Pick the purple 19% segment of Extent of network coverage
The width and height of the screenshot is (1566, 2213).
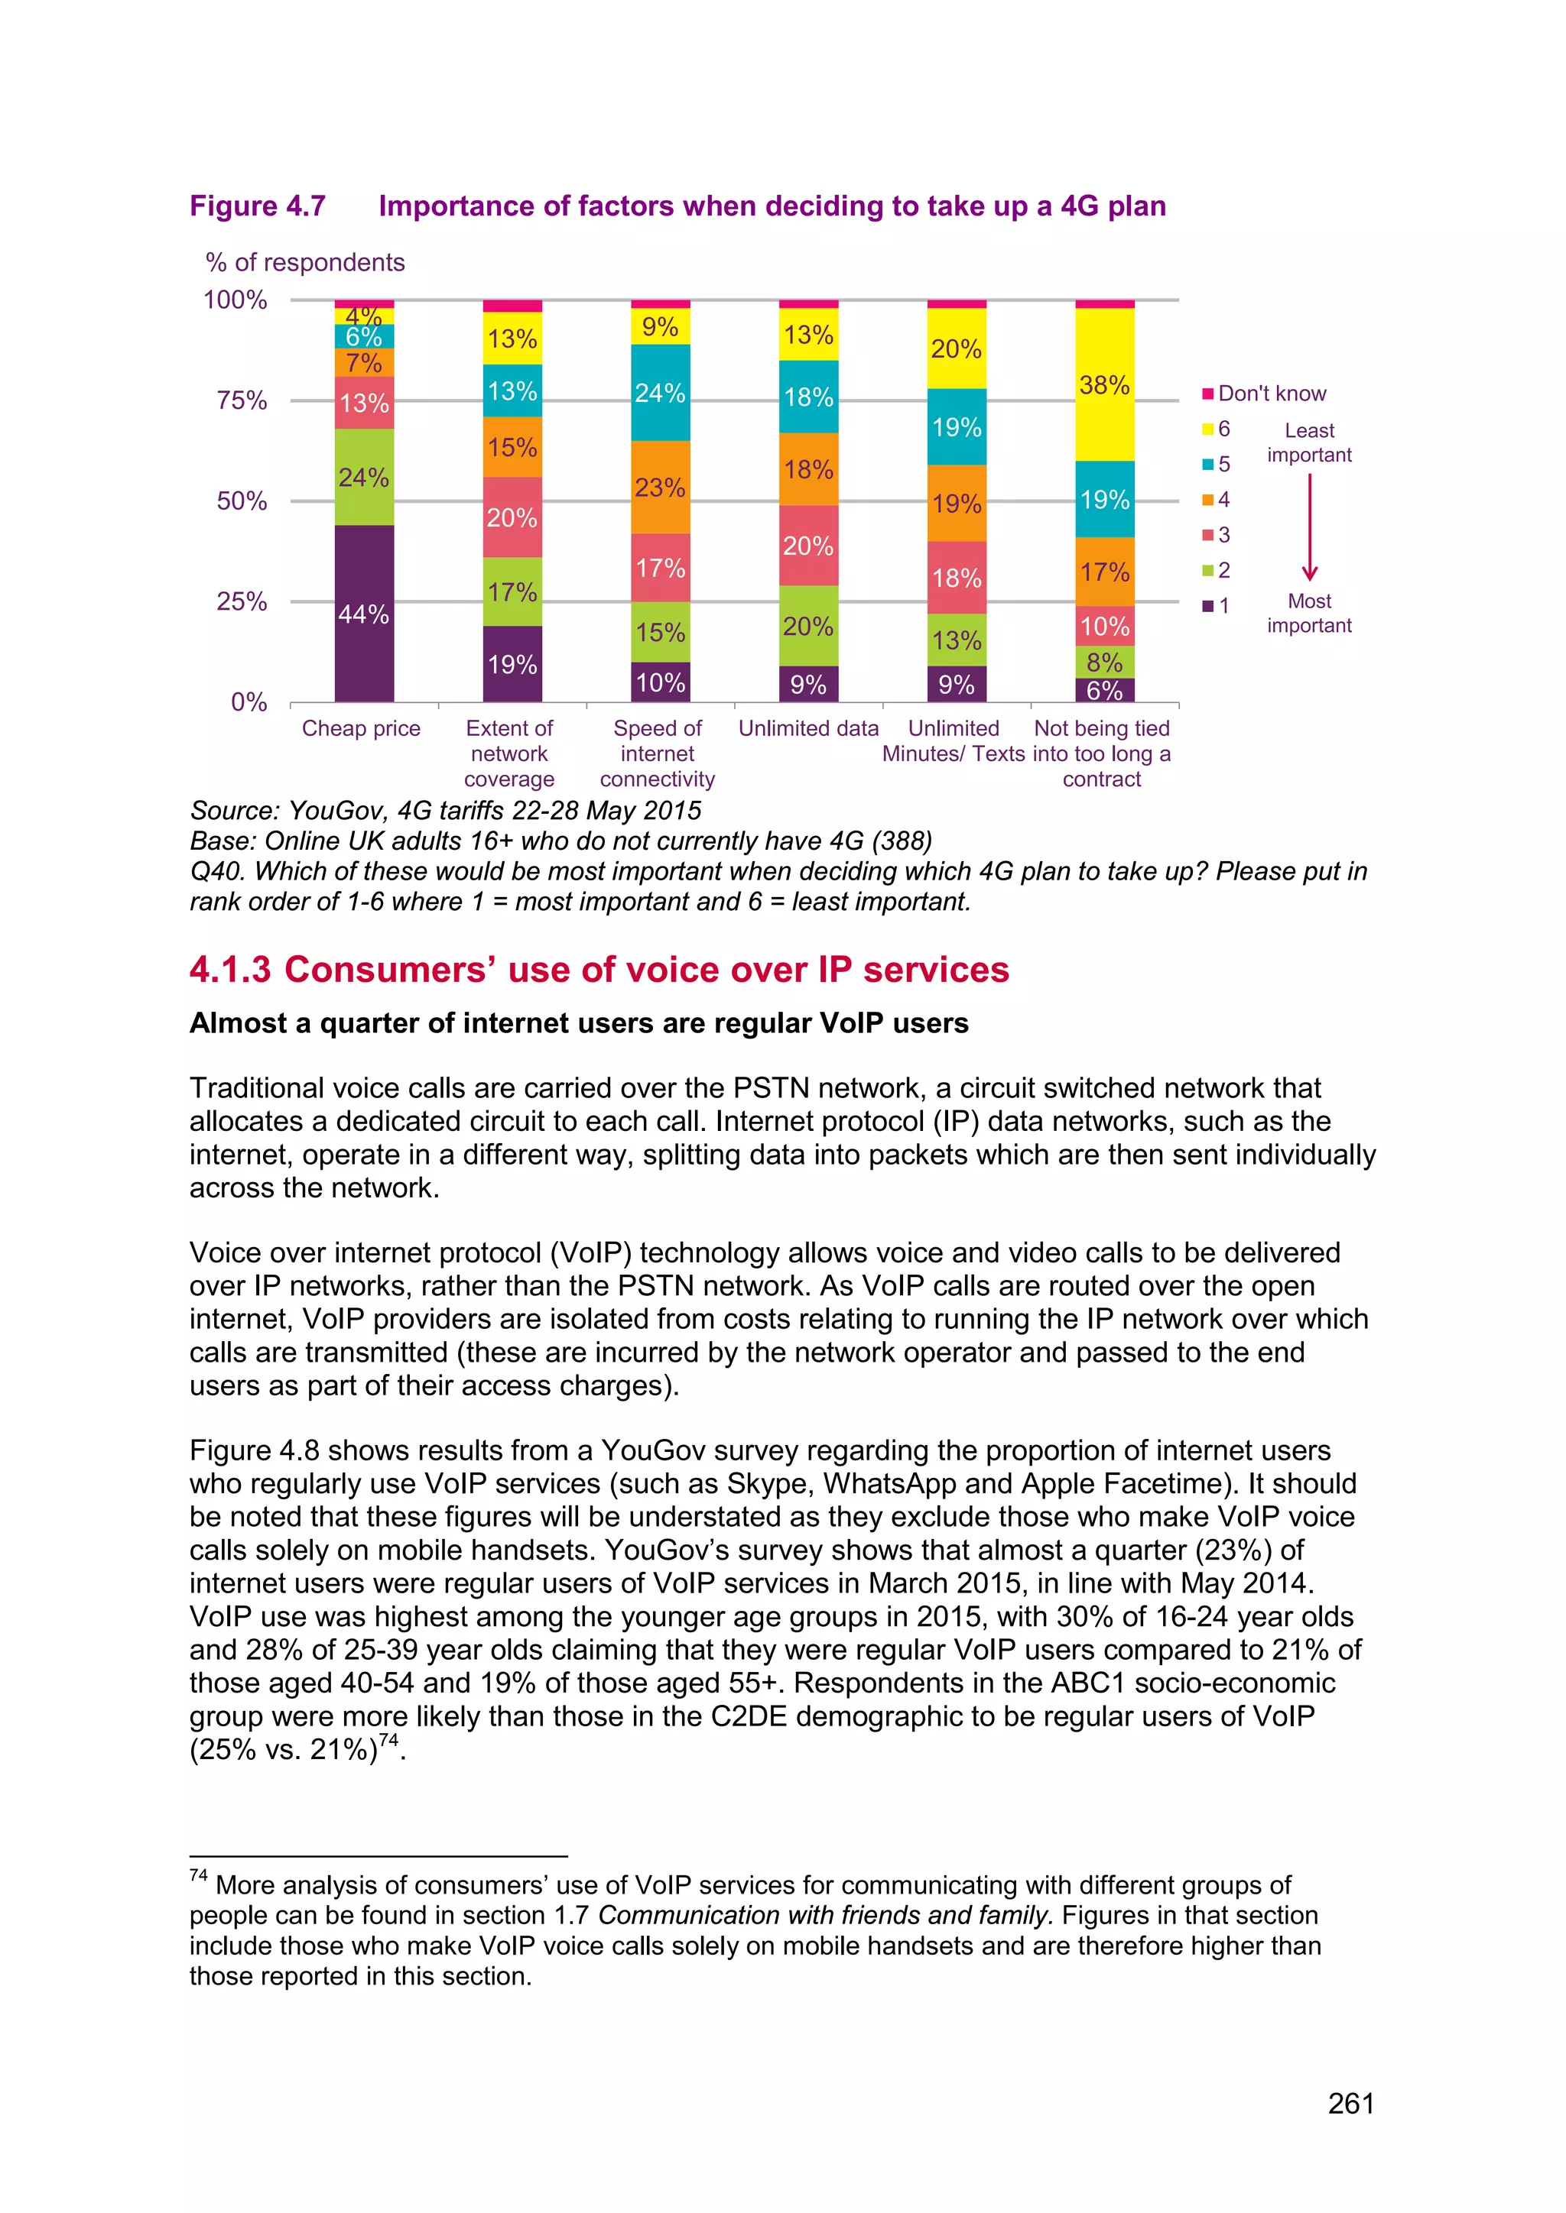[x=512, y=663]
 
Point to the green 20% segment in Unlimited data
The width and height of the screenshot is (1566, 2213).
[x=808, y=626]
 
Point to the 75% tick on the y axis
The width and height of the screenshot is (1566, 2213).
[x=242, y=400]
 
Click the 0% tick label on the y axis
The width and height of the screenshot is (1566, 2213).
[x=249, y=701]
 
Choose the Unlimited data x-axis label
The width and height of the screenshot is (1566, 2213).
[x=808, y=729]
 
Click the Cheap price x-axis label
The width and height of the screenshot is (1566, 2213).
[x=361, y=729]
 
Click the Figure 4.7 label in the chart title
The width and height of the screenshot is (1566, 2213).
[x=258, y=206]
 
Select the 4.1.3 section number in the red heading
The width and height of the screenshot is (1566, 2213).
[x=230, y=970]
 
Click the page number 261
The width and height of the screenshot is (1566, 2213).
[x=1350, y=2103]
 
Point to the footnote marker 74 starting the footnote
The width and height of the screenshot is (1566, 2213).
[x=199, y=1874]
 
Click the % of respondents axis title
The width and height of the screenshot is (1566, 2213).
[x=305, y=262]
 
